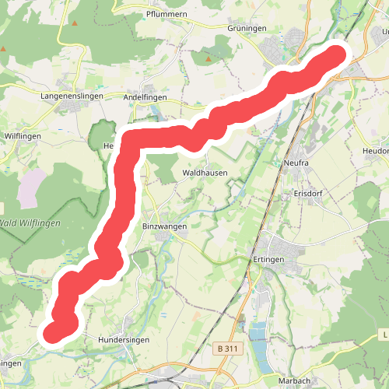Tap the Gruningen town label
(x=247, y=28)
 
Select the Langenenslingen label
(x=72, y=96)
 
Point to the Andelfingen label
(x=145, y=96)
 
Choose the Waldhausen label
(x=204, y=173)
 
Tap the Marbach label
(x=296, y=380)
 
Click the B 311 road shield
(x=227, y=349)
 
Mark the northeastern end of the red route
(x=337, y=55)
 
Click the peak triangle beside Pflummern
(x=75, y=23)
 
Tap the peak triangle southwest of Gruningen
(x=208, y=58)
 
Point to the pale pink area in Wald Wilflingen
(x=33, y=187)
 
